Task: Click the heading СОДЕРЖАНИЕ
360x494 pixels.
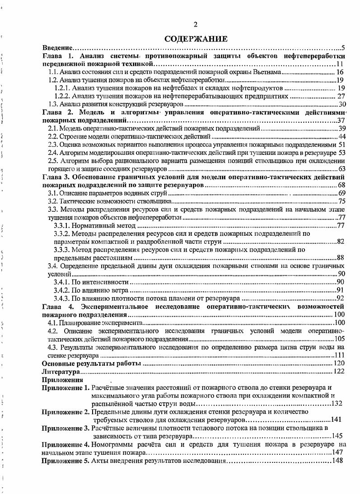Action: coord(196,39)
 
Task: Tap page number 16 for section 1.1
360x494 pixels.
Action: coord(341,72)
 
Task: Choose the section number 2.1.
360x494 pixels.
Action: coord(53,129)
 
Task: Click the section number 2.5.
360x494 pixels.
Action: coord(53,161)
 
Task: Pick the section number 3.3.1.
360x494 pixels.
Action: coord(63,225)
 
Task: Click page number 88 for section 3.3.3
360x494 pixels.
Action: coord(341,257)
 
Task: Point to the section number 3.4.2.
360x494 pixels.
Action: coord(63,290)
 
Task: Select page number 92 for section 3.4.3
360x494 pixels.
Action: coord(341,298)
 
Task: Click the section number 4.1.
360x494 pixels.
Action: coord(53,323)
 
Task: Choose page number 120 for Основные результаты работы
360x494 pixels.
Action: coord(340,364)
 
